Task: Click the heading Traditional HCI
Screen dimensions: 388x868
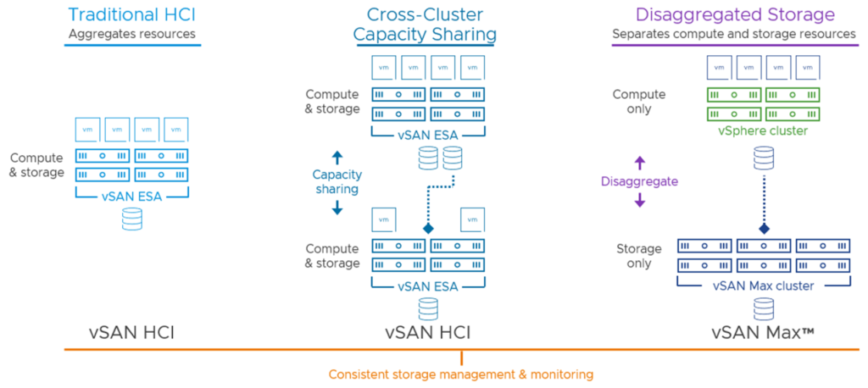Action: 131,14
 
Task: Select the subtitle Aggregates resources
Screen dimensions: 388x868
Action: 131,34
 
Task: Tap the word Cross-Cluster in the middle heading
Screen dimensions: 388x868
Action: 425,14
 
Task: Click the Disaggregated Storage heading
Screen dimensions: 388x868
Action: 733,14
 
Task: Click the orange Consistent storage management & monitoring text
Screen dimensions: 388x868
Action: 461,374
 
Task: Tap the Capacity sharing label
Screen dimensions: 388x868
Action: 337,181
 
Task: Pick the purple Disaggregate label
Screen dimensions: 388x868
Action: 640,181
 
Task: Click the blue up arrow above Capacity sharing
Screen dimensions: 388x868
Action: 337,157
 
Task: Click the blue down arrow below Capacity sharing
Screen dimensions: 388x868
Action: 337,207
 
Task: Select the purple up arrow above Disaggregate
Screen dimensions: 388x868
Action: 640,162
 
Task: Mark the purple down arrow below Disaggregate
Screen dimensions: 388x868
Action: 640,201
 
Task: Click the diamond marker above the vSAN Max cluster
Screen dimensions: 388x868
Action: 764,229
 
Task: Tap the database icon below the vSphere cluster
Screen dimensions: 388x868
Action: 764,158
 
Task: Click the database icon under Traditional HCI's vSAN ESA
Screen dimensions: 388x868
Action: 131,219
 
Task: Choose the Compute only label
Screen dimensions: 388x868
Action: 639,102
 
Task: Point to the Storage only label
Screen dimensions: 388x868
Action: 639,256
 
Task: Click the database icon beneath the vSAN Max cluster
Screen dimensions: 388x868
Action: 764,308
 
